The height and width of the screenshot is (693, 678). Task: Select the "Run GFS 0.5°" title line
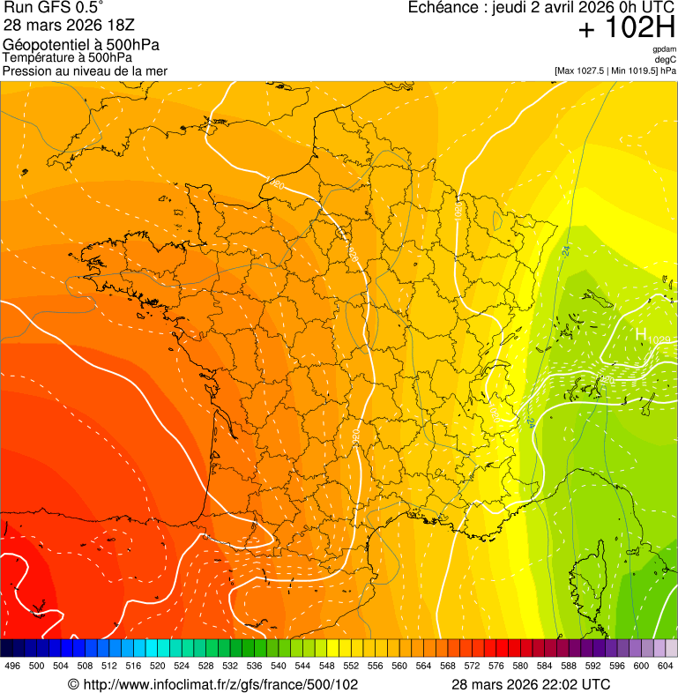pyautogui.click(x=54, y=9)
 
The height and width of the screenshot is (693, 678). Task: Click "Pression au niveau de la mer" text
pyautogui.click(x=85, y=71)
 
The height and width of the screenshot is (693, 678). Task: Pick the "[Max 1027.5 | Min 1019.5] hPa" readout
pyautogui.click(x=615, y=71)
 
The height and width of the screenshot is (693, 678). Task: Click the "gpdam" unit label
pyautogui.click(x=664, y=49)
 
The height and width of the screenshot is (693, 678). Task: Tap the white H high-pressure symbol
pyautogui.click(x=641, y=335)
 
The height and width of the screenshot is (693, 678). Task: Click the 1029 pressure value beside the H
pyautogui.click(x=660, y=339)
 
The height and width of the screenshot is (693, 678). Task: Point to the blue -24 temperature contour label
pyautogui.click(x=565, y=252)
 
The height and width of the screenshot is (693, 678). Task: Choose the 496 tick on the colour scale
pyautogui.click(x=12, y=667)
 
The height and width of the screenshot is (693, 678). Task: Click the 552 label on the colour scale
pyautogui.click(x=351, y=667)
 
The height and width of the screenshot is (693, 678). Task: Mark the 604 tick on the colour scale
pyautogui.click(x=666, y=667)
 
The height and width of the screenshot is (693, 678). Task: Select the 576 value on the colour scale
pyautogui.click(x=496, y=667)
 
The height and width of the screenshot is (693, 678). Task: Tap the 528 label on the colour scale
pyautogui.click(x=205, y=667)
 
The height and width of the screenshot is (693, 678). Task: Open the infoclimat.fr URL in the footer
pyautogui.click(x=212, y=684)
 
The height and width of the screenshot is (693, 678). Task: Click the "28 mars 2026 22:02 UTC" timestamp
pyautogui.click(x=531, y=684)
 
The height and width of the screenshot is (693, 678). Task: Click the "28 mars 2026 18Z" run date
pyautogui.click(x=69, y=26)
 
